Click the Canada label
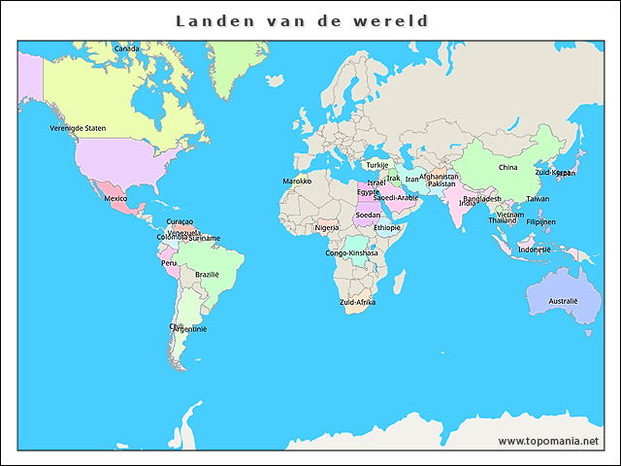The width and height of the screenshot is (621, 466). [126, 49]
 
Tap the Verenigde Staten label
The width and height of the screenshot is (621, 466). [78, 128]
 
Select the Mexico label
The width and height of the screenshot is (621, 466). [115, 199]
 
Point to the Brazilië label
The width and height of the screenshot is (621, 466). [208, 275]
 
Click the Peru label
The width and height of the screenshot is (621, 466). [169, 263]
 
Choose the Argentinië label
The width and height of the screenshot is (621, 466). [189, 329]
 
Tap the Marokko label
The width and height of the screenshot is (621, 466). [297, 182]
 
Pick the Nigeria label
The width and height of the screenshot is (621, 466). [327, 228]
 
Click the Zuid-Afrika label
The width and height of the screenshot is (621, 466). [357, 303]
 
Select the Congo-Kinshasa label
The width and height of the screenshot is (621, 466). [351, 253]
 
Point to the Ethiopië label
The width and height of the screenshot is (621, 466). [387, 228]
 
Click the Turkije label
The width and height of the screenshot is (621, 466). [376, 165]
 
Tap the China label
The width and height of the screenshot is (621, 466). [507, 167]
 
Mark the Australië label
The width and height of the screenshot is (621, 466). [563, 302]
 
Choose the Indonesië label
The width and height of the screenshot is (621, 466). [535, 250]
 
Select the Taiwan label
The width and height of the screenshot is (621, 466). [537, 199]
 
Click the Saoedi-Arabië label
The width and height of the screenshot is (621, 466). [396, 198]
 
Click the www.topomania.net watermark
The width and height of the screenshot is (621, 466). [548, 441]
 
